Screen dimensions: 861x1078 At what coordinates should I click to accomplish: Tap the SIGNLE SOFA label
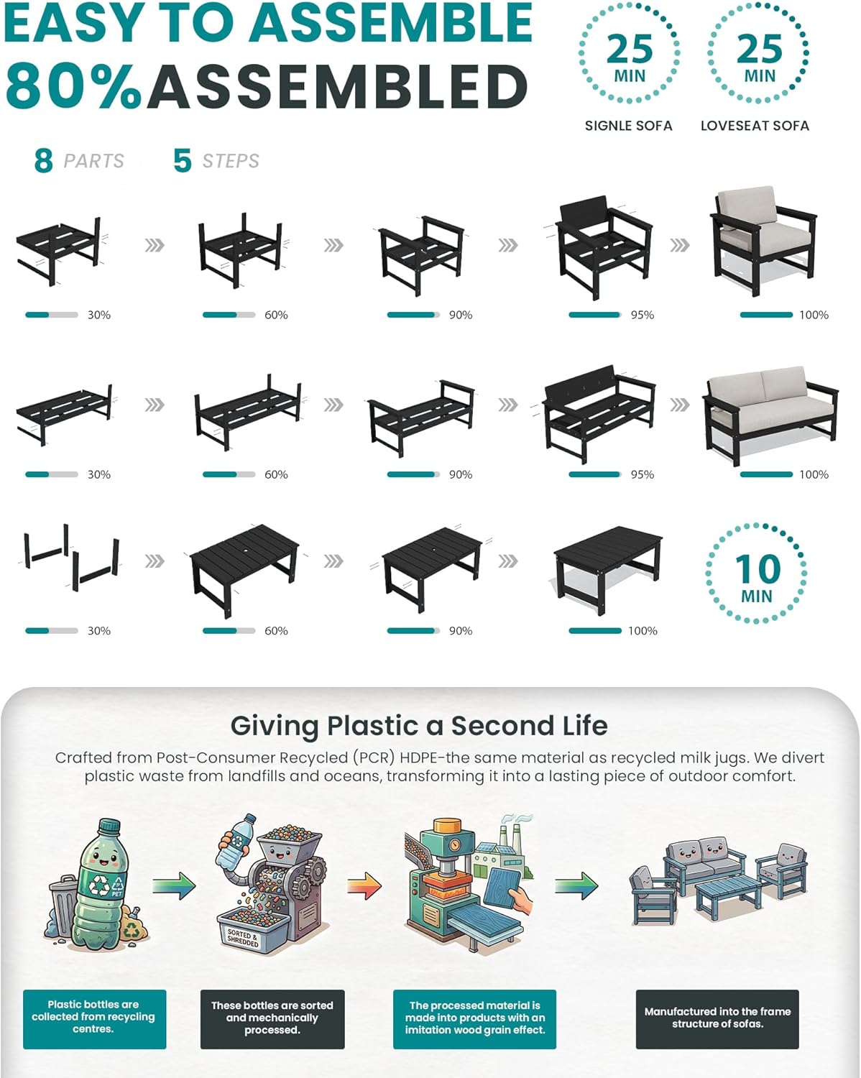(629, 126)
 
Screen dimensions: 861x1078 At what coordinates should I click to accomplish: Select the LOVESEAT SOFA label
(755, 126)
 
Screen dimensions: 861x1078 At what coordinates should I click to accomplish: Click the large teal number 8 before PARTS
(44, 161)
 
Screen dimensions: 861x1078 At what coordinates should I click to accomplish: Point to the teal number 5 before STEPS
(183, 161)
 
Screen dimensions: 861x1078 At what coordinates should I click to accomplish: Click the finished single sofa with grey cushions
(763, 241)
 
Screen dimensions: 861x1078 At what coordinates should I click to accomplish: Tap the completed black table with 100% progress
(608, 570)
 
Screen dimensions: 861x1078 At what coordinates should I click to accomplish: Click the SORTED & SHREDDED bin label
(243, 938)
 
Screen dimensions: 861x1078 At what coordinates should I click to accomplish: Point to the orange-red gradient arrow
(364, 885)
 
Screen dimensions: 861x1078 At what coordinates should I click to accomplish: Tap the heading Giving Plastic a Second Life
(419, 726)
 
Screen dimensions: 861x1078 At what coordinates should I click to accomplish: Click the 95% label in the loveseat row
(642, 474)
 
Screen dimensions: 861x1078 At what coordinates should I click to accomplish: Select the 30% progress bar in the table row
(52, 631)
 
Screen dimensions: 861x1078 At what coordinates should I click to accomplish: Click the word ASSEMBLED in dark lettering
(337, 86)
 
